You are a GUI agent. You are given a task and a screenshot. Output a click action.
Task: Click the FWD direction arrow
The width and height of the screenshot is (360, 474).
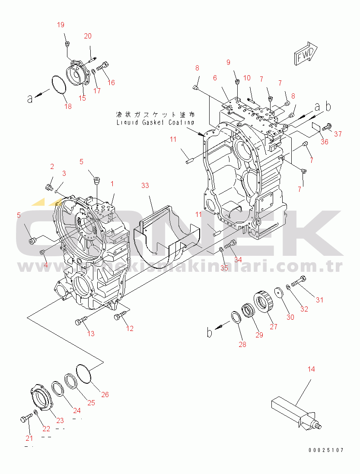click(306, 54)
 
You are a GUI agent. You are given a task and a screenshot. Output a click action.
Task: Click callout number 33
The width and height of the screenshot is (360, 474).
click(145, 185)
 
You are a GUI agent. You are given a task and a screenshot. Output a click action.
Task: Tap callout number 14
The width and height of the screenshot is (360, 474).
click(311, 369)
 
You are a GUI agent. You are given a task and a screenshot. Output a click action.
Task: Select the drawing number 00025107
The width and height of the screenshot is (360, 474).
click(326, 450)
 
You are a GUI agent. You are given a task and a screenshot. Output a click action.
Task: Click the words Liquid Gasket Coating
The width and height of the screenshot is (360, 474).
click(156, 122)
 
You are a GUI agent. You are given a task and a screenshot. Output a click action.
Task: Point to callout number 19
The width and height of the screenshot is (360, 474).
click(61, 24)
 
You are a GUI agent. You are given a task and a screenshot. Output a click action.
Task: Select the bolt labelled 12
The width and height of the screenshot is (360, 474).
click(119, 318)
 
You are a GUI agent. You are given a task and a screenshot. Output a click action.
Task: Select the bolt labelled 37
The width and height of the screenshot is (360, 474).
click(327, 127)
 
